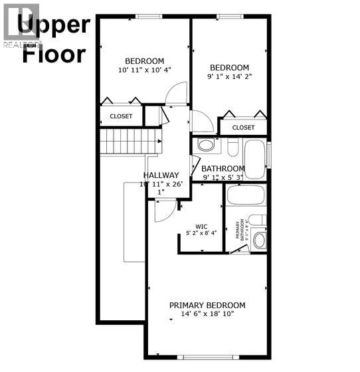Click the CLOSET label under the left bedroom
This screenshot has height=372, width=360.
(121, 116)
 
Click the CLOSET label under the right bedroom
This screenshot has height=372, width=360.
(243, 128)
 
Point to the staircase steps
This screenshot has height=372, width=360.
(131, 141)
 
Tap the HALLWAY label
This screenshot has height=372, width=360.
(161, 175)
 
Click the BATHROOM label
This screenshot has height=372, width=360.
(223, 169)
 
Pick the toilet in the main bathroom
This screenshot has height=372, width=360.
(232, 146)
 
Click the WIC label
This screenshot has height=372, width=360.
(202, 226)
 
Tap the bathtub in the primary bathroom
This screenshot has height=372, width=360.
(246, 195)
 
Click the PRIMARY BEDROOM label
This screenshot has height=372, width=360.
(207, 306)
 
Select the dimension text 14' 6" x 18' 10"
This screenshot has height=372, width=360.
(207, 314)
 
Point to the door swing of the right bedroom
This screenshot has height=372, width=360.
(202, 122)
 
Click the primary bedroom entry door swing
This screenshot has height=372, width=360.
(163, 211)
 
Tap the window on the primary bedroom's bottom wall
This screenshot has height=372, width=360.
(207, 358)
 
